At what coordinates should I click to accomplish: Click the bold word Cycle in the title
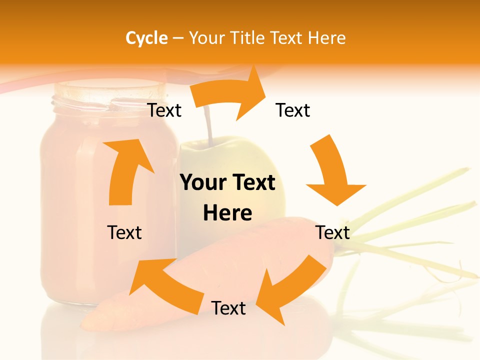point(146,38)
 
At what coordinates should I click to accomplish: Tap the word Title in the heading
point(248,38)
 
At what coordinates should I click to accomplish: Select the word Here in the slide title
point(327,38)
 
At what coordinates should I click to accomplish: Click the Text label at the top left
point(164,110)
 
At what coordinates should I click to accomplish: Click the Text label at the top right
point(293,110)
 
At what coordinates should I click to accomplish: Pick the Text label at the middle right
point(332,232)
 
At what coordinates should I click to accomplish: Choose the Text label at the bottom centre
point(228,308)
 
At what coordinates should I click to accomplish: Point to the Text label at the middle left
point(124,232)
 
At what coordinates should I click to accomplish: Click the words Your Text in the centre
point(227,183)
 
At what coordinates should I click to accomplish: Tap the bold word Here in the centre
point(227,213)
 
